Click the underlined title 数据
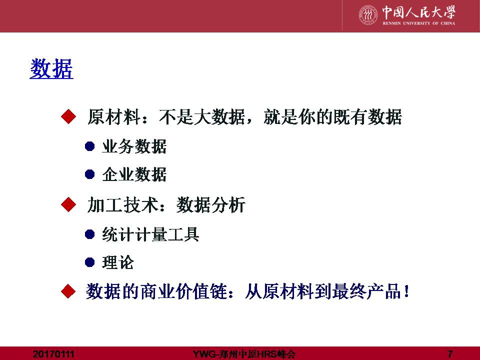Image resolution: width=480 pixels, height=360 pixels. click(51, 68)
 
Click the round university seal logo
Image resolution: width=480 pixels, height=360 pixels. click(368, 14)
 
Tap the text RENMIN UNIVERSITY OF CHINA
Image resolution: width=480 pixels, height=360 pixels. click(419, 23)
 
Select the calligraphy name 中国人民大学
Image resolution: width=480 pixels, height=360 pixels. click(419, 12)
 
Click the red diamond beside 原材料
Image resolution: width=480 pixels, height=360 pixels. click(68, 116)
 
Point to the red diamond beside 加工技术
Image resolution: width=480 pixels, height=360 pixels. click(68, 204)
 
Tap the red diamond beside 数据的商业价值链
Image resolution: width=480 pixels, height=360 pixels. click(68, 291)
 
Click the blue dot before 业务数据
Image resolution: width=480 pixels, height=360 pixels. click(89, 146)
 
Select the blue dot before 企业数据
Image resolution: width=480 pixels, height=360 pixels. click(89, 174)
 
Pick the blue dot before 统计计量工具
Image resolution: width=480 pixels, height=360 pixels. click(89, 234)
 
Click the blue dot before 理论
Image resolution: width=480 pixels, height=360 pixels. click(89, 262)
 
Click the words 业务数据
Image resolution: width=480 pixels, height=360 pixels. click(134, 146)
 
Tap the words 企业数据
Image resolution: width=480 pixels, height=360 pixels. click(134, 174)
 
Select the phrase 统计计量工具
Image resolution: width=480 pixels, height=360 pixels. click(150, 234)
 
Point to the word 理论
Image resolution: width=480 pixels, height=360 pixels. click(118, 262)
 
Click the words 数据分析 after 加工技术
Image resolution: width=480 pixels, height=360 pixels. click(211, 204)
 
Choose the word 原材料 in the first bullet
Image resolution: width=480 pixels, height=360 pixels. click(114, 116)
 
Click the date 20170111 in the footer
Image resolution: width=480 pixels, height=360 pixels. click(53, 354)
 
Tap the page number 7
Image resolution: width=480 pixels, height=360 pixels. click(449, 354)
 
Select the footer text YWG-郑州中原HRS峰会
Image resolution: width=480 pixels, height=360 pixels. click(244, 354)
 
